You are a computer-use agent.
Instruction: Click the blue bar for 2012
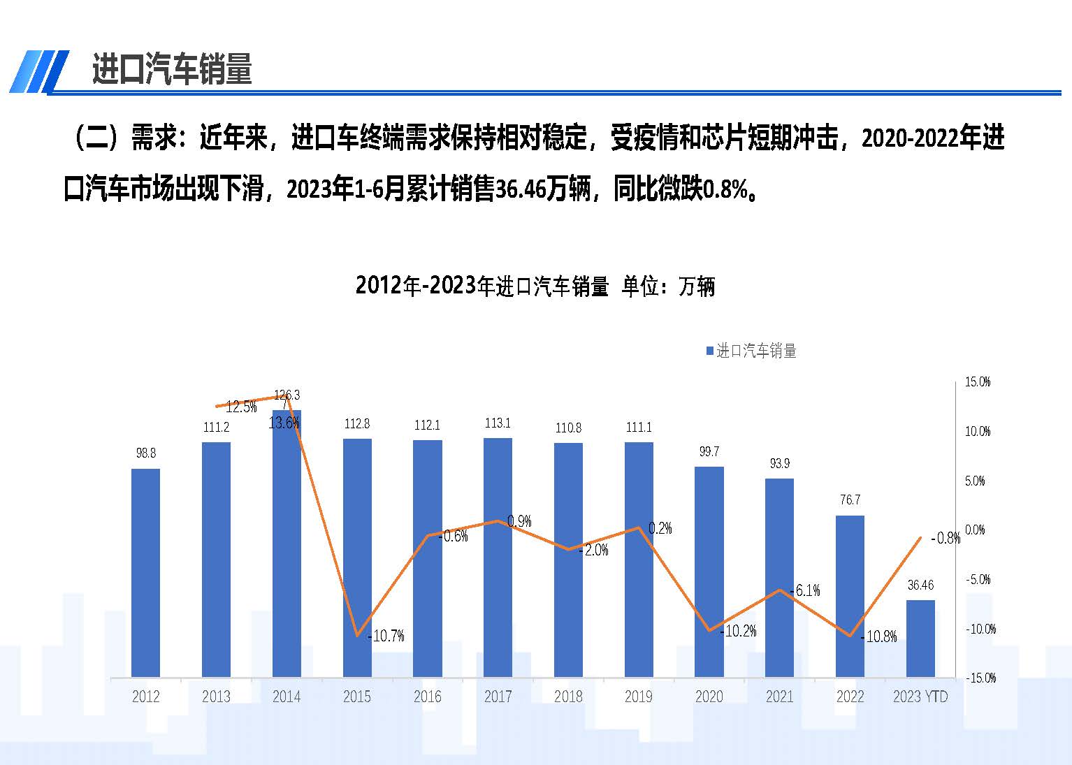pyautogui.click(x=145, y=573)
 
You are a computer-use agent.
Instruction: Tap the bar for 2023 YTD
pyautogui.click(x=920, y=639)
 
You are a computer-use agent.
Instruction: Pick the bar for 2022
pyautogui.click(x=850, y=597)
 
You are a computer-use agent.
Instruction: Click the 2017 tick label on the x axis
pyautogui.click(x=498, y=697)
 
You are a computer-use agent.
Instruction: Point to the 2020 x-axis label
pyautogui.click(x=709, y=697)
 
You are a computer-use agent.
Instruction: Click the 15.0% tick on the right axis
pyautogui.click(x=978, y=382)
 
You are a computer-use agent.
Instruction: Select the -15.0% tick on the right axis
pyautogui.click(x=980, y=678)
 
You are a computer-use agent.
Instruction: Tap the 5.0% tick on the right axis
pyautogui.click(x=975, y=481)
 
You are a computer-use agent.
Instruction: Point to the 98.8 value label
pyautogui.click(x=145, y=453)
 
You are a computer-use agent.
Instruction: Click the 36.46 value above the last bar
pyautogui.click(x=920, y=585)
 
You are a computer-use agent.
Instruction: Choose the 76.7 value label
pyautogui.click(x=850, y=500)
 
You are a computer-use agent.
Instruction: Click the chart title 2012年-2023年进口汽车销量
pyautogui.click(x=535, y=286)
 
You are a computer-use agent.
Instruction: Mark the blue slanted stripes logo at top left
pyautogui.click(x=38, y=71)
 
